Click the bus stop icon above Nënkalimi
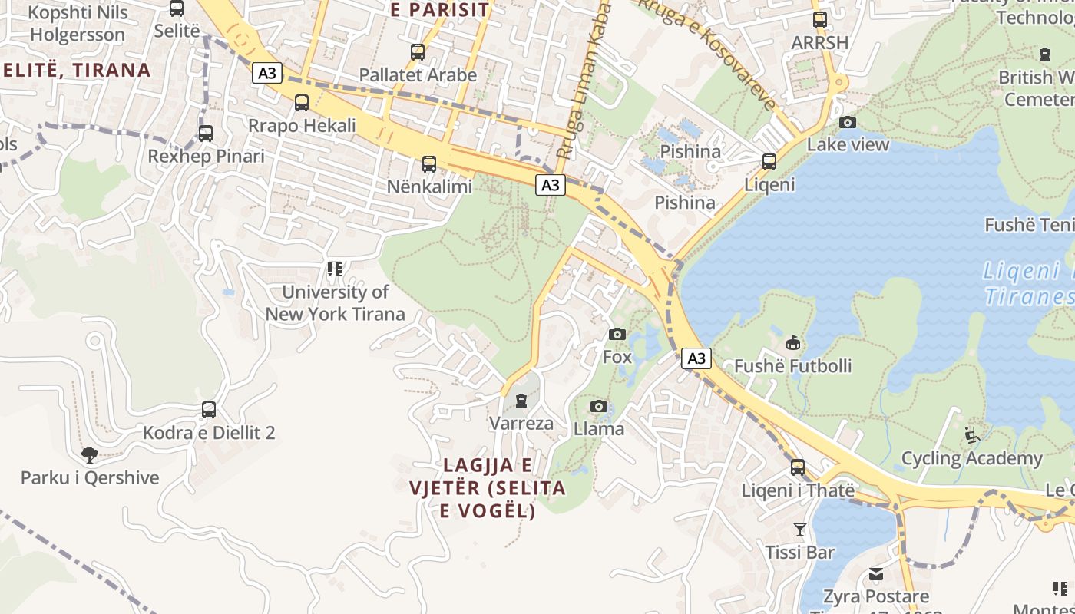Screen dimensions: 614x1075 (429, 163)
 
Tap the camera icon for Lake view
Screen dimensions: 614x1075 (848, 122)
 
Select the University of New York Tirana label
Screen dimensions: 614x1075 (335, 303)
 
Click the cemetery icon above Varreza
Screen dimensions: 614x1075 (521, 401)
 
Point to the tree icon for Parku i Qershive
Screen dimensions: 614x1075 (90, 454)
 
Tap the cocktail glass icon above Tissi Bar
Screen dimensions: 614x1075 (800, 529)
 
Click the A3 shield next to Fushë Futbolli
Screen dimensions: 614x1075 (696, 358)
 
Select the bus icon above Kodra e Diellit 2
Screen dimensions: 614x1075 (209, 410)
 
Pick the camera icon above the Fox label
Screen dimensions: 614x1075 (617, 334)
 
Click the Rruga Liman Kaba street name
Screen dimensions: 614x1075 (583, 81)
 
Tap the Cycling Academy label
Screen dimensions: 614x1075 (971, 459)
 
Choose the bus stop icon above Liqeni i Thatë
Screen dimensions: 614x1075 (798, 467)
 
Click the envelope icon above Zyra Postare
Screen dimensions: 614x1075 (876, 574)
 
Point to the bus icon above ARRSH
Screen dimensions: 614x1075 (820, 20)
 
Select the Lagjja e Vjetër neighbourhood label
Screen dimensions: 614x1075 (488, 487)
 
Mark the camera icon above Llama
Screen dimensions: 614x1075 (599, 406)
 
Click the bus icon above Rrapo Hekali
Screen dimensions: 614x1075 (302, 102)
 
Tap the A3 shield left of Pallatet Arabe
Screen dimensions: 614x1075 (267, 74)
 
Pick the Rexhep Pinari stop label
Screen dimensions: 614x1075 (206, 157)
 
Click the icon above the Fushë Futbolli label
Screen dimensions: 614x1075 (793, 342)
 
